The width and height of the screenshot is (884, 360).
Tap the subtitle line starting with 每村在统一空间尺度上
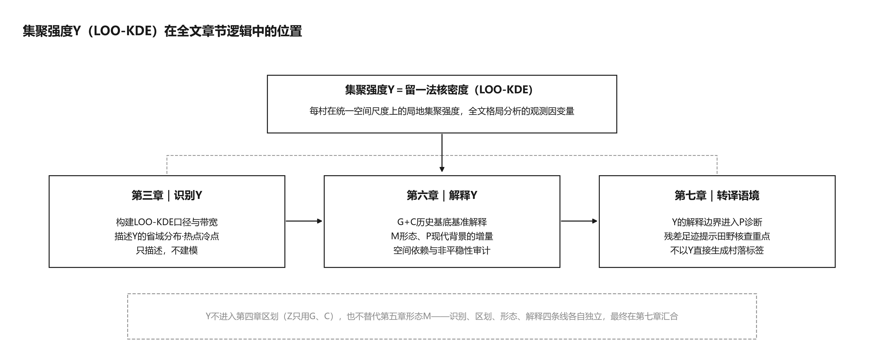click(x=442, y=111)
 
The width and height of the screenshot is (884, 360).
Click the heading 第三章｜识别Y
click(x=167, y=196)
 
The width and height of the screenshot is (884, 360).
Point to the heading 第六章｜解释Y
click(x=442, y=196)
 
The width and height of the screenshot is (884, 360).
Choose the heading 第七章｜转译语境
click(x=717, y=196)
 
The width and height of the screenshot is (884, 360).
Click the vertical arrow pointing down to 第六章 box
click(x=442, y=153)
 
